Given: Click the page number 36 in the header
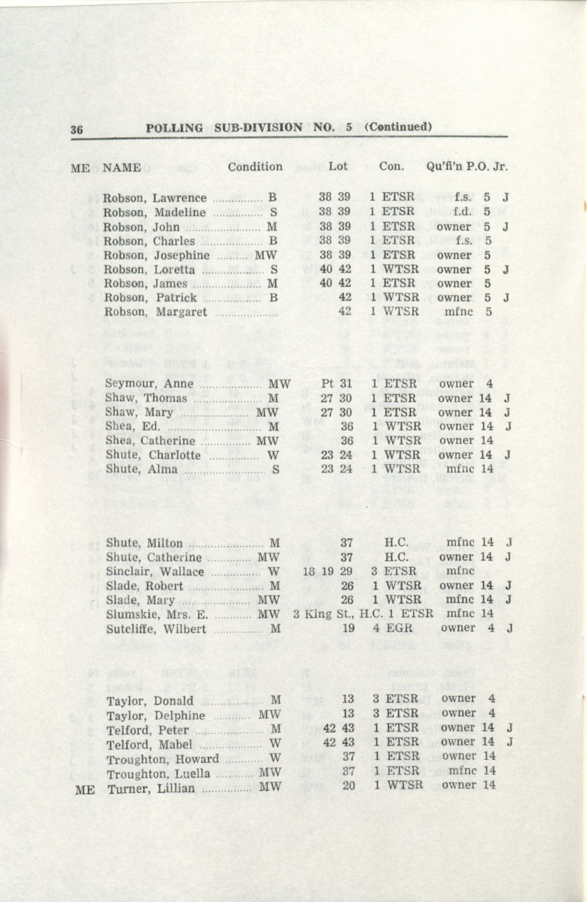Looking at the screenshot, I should (x=77, y=130).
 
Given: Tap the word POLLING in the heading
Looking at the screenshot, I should (x=174, y=128).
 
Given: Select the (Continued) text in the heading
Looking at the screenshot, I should (x=397, y=127).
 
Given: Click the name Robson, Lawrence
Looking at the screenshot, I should (x=155, y=198).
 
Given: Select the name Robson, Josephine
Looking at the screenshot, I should (x=156, y=255).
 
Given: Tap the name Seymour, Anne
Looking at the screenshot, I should (x=149, y=384).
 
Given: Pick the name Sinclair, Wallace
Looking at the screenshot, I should (x=155, y=571).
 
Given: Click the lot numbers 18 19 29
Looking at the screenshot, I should (x=328, y=571).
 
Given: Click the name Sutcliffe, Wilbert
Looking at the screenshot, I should (x=156, y=629).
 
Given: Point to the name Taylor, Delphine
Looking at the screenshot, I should (x=156, y=716).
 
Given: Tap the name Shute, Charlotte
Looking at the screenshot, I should (x=153, y=455).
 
